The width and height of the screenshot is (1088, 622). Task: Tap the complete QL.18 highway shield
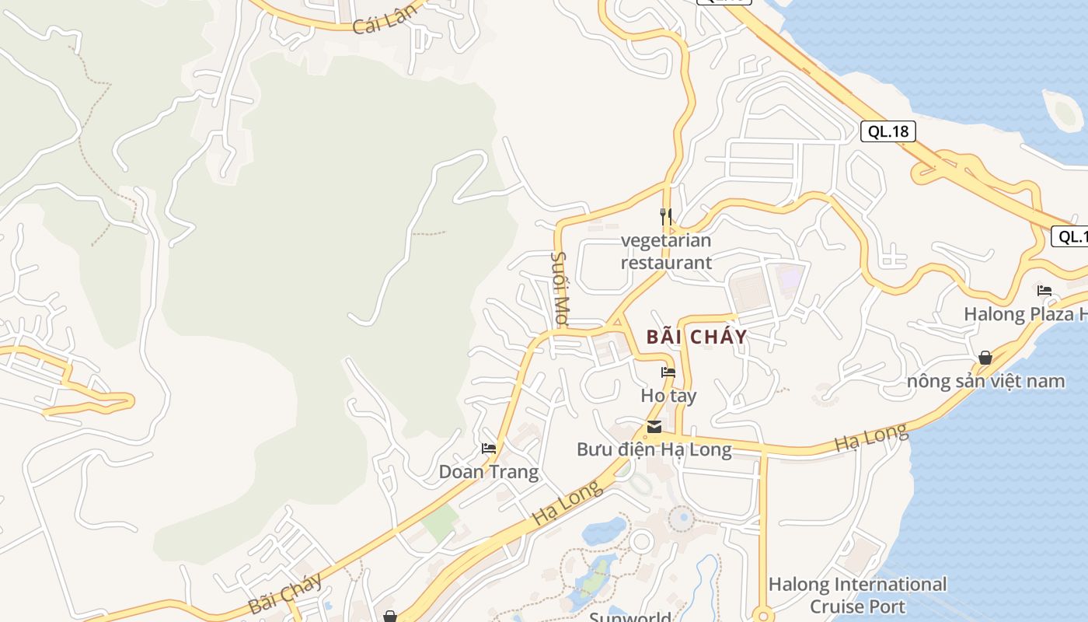(887, 131)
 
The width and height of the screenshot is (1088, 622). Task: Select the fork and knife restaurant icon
(666, 215)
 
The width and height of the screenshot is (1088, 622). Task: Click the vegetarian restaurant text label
(666, 251)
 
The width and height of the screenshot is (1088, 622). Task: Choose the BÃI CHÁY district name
(696, 337)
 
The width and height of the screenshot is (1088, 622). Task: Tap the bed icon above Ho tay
(668, 372)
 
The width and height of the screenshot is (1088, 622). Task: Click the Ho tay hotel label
(668, 396)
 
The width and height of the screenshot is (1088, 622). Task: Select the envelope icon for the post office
(654, 426)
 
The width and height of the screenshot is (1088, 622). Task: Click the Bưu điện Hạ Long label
(654, 449)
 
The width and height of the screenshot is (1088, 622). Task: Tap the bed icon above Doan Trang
(489, 448)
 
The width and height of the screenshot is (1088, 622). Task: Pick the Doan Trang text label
(489, 472)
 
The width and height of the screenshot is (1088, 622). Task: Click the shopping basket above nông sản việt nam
(985, 358)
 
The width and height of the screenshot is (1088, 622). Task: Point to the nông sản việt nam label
(985, 381)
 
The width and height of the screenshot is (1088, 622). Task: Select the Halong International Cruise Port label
(857, 595)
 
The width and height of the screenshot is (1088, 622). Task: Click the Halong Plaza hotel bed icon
(1044, 291)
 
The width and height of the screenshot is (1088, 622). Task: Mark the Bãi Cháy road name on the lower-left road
(285, 595)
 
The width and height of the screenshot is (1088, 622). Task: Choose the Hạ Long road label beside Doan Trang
(569, 503)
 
